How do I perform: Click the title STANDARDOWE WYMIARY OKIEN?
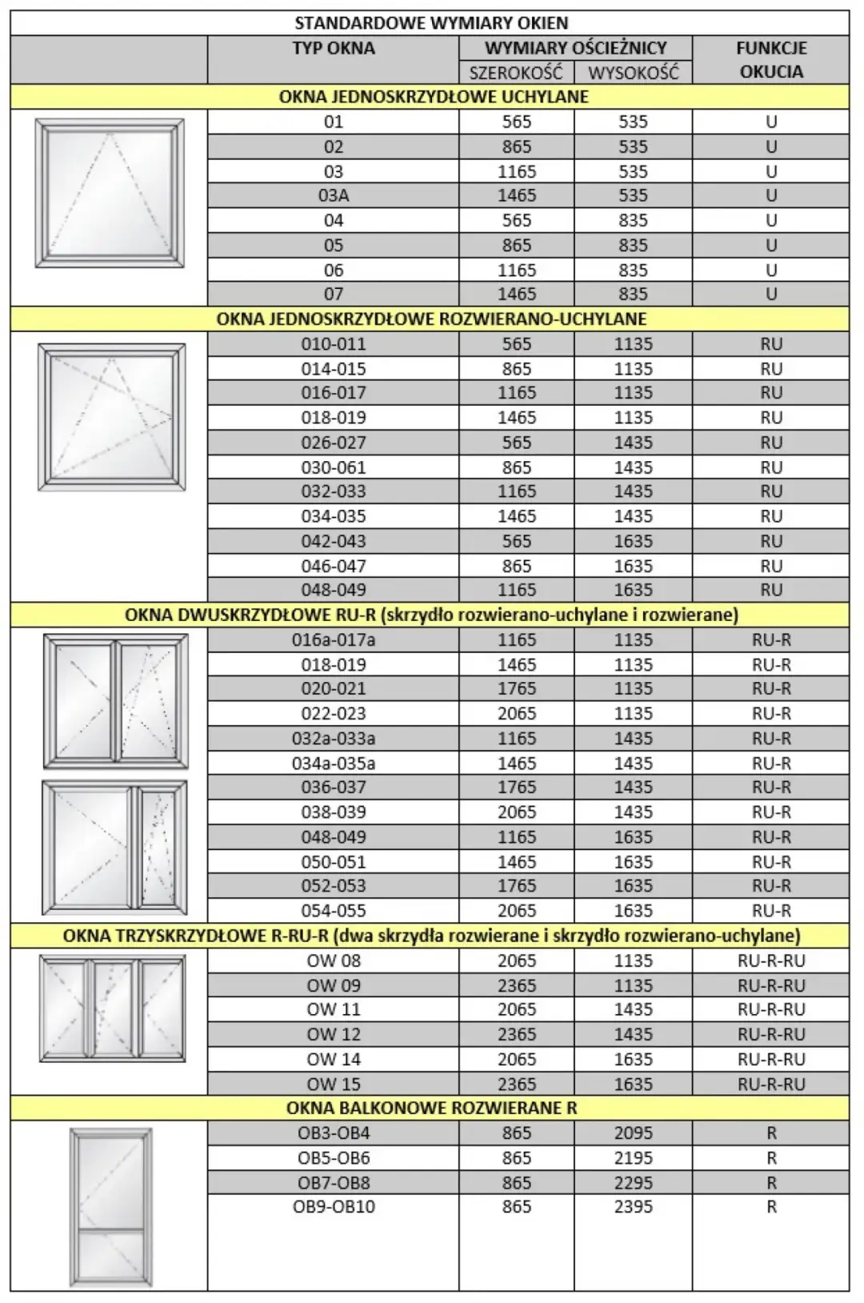pos(431,22)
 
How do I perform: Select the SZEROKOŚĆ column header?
pos(516,73)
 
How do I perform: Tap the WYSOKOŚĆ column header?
pos(633,73)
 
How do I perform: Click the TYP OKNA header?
pos(334,48)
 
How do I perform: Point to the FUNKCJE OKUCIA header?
pos(771,59)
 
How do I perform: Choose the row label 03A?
pos(334,195)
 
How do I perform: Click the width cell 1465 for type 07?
pos(517,294)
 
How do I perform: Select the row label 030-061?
pos(334,467)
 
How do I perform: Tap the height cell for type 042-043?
pos(633,541)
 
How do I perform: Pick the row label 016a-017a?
pos(334,639)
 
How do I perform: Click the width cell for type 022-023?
pos(517,713)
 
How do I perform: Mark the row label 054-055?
pos(334,910)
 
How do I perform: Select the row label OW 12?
pos(334,1034)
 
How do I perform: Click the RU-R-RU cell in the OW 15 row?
pos(771,1084)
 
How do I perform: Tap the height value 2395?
pos(633,1206)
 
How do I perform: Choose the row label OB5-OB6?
pos(334,1157)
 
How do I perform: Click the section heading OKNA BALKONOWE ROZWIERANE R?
pos(431,1108)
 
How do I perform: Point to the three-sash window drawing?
pos(112,1008)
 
